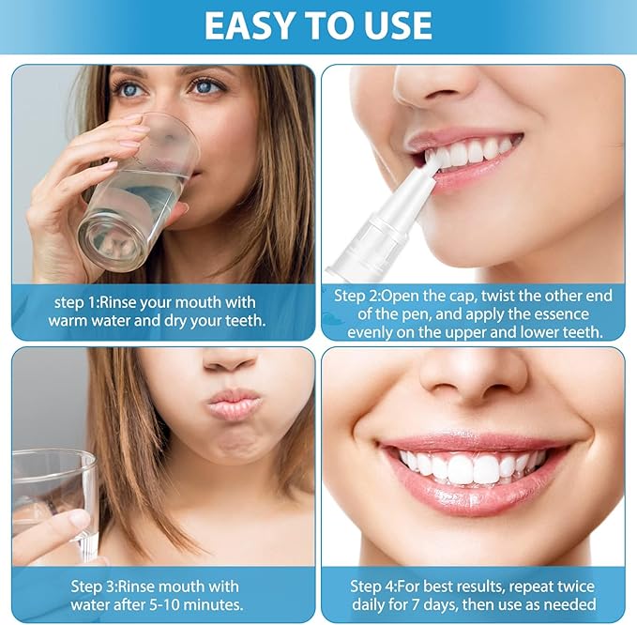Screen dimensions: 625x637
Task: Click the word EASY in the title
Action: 250,25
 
